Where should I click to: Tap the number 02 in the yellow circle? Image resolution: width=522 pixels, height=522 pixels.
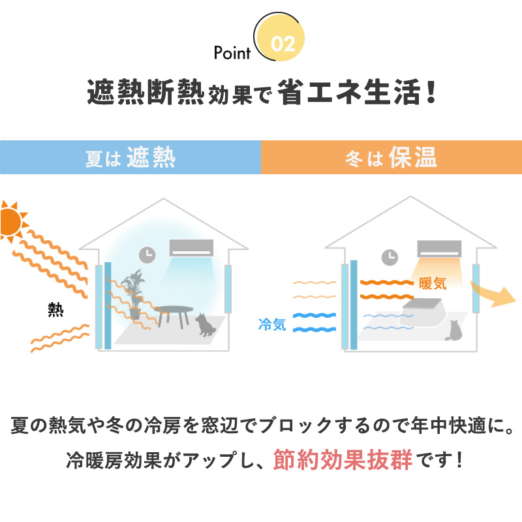click(283, 44)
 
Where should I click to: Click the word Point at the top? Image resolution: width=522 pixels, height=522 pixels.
click(232, 53)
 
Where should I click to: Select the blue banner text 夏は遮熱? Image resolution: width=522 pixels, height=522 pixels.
click(130, 158)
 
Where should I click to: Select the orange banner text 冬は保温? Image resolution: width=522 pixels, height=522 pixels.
click(391, 158)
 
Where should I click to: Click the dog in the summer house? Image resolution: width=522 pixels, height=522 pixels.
click(207, 324)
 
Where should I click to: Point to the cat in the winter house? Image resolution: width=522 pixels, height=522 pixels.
click(452, 331)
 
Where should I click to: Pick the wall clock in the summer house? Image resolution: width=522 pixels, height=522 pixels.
click(147, 254)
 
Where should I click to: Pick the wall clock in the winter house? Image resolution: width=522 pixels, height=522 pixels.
click(390, 256)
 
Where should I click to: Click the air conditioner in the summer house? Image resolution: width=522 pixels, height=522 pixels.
click(191, 247)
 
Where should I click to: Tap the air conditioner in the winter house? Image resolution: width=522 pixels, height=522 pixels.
click(439, 248)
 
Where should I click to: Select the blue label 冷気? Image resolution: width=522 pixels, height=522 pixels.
click(272, 324)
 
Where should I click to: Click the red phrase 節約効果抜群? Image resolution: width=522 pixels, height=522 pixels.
click(343, 460)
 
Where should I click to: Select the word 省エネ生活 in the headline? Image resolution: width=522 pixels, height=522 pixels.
click(346, 93)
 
